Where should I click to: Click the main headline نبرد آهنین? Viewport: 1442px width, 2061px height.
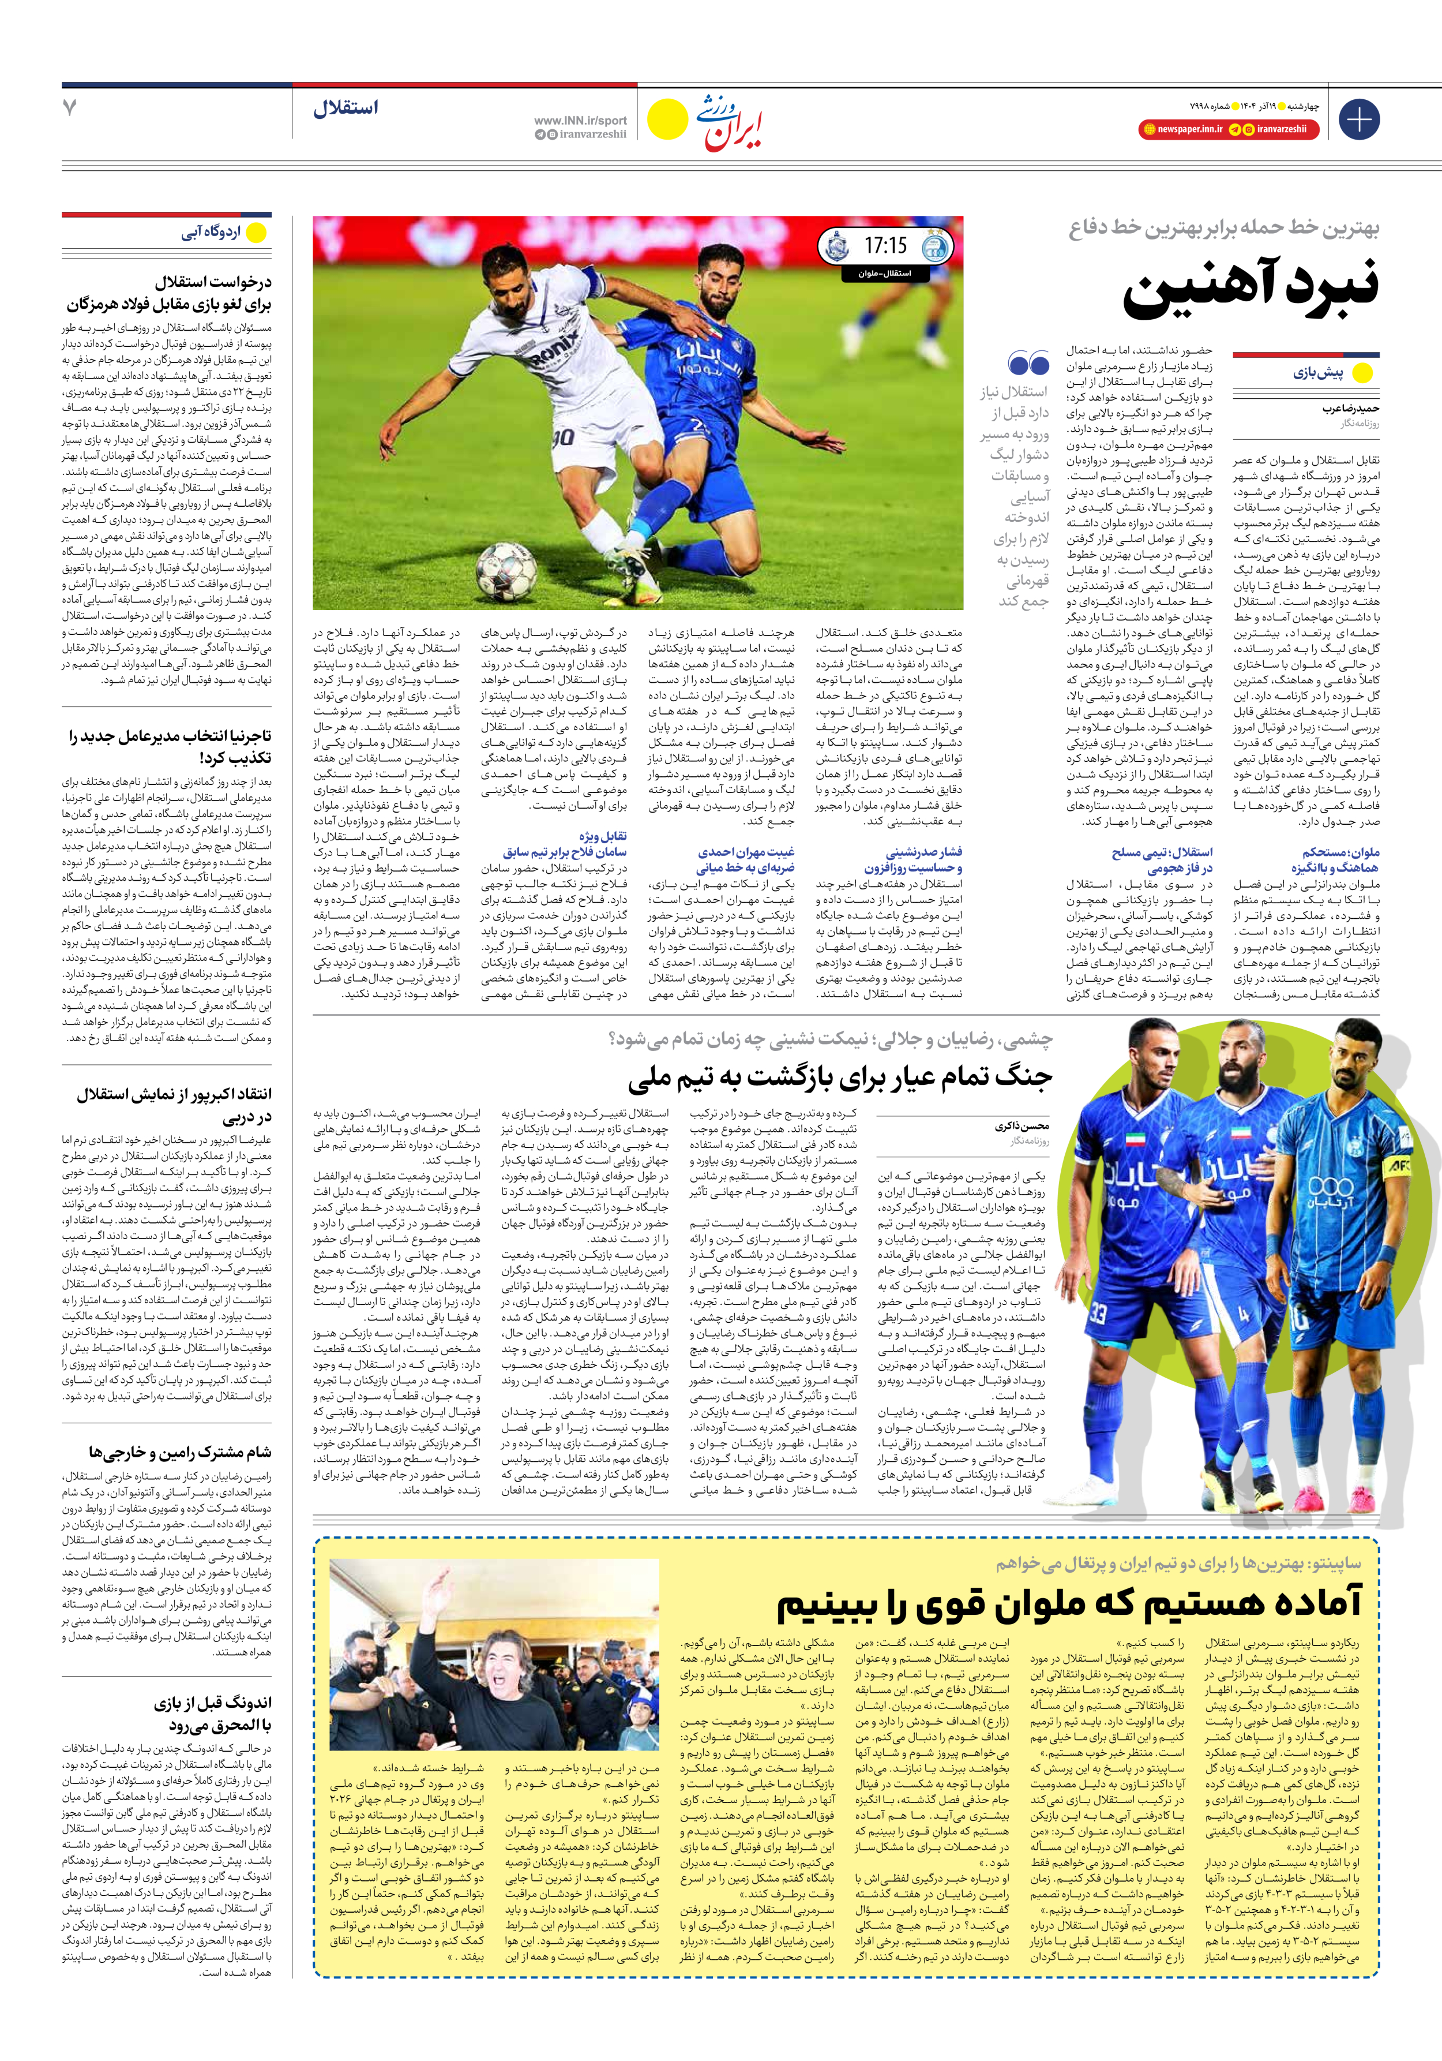1251,288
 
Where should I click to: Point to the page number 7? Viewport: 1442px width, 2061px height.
70,108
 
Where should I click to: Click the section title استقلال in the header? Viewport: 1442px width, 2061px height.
346,109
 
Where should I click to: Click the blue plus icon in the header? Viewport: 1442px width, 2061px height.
1358,119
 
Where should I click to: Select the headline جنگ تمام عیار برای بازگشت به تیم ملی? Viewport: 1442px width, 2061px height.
839,1076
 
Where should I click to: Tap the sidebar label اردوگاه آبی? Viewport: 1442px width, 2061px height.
211,233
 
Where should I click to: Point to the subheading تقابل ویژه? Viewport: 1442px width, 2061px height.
602,836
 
